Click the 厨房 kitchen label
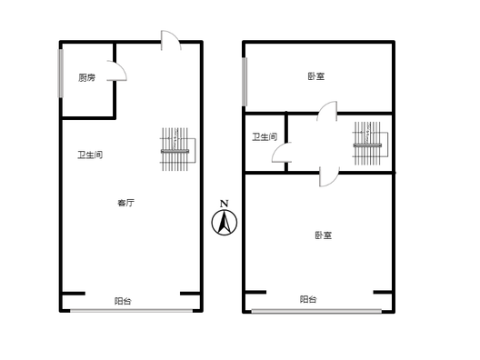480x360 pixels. coord(86,78)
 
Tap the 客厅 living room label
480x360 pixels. coord(125,203)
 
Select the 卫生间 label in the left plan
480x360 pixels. coord(90,155)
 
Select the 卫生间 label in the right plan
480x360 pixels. coord(265,137)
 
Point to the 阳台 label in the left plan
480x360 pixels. coord(123,301)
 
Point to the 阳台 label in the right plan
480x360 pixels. coord(308,299)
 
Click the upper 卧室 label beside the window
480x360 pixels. coord(316,76)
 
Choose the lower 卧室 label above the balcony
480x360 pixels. coord(324,235)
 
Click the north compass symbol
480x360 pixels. coord(225,223)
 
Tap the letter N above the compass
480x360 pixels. coord(225,204)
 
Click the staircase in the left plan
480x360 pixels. coord(178,149)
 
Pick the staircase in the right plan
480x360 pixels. coord(370,144)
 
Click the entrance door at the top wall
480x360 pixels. coord(171,40)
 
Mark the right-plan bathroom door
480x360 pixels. coord(282,152)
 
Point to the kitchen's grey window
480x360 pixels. coord(61,74)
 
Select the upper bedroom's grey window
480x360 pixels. coord(245,82)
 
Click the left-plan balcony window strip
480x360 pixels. coord(132,311)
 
